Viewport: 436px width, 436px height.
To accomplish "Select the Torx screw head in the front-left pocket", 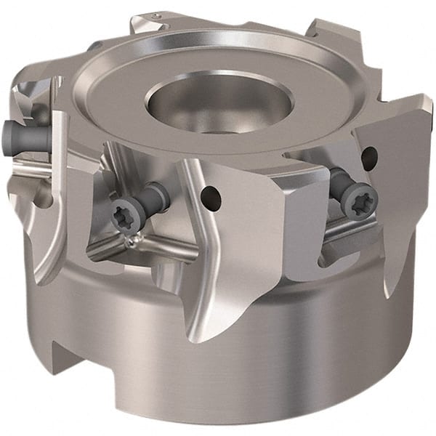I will (121, 217).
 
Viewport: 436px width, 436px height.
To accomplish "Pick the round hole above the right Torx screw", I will (369, 155).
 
